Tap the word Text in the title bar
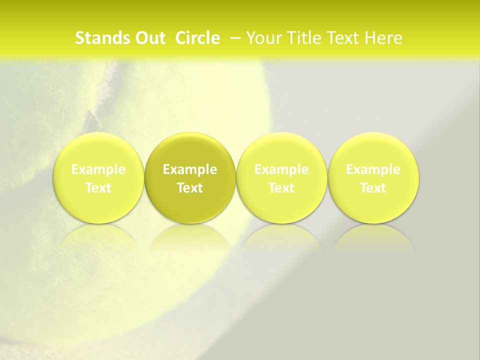pos(342,38)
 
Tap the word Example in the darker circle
pos(190,170)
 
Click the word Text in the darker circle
pos(190,188)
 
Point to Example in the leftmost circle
pos(98,170)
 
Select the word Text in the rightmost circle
pos(373,188)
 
